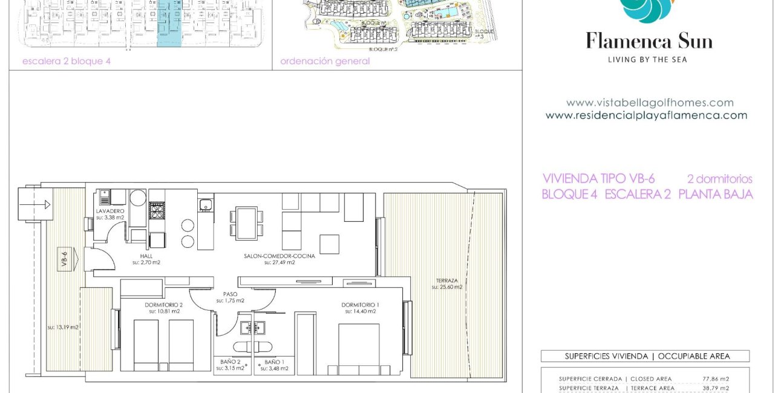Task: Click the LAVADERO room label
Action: [x=109, y=211]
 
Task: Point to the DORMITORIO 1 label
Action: [x=360, y=304]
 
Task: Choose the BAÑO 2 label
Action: [x=232, y=362]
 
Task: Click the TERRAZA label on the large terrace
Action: [x=446, y=281]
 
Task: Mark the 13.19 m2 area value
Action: [x=63, y=327]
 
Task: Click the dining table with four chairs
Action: [x=246, y=223]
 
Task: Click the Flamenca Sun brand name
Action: [x=649, y=41]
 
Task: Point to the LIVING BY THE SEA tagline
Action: [x=647, y=59]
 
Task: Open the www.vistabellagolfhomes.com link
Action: [x=649, y=103]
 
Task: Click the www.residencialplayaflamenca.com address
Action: [x=646, y=115]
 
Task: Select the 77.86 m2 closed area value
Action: [x=715, y=379]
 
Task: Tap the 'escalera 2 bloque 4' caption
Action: [x=67, y=61]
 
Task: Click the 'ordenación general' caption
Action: [x=325, y=61]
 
